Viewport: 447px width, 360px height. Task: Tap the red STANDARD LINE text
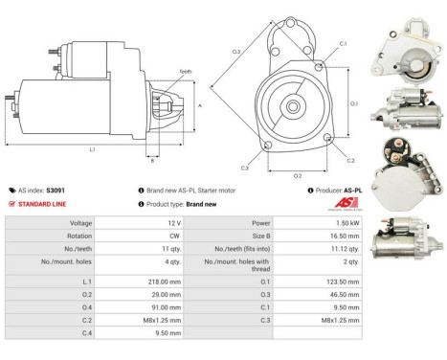tap(44, 204)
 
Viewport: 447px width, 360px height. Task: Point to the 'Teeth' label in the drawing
tap(157, 72)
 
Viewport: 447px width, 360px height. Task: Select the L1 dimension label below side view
tap(91, 148)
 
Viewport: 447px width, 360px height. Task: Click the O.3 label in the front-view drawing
tap(235, 51)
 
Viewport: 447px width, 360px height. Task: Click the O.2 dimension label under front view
tap(297, 175)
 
